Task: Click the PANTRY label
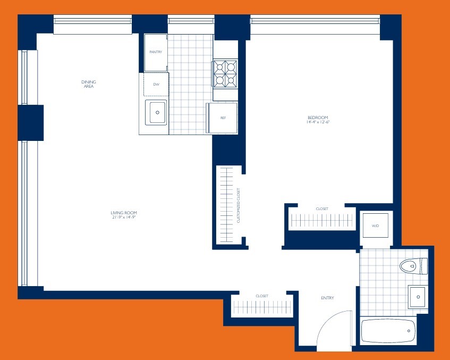tap(156, 52)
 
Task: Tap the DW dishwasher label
tap(156, 85)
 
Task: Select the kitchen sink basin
tap(157, 112)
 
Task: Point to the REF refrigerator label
tap(223, 118)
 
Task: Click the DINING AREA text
tap(89, 84)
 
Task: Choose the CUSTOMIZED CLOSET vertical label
tap(239, 205)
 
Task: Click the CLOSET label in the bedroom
tap(322, 209)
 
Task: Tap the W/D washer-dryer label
tap(375, 226)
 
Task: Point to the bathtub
tap(387, 331)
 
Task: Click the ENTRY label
tap(327, 298)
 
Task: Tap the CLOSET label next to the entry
tap(261, 296)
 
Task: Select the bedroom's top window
tap(315, 21)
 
